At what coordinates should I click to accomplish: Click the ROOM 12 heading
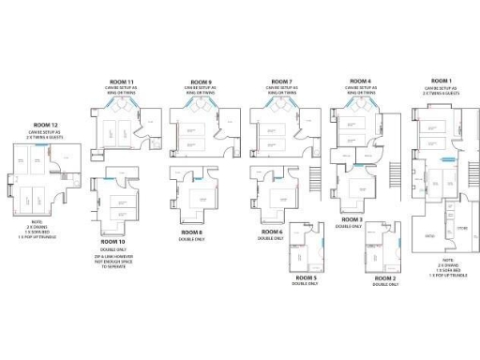pyautogui.click(x=45, y=124)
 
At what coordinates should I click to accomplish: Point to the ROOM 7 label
pyautogui.click(x=284, y=82)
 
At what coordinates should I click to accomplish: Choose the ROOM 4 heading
pyautogui.click(x=361, y=82)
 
